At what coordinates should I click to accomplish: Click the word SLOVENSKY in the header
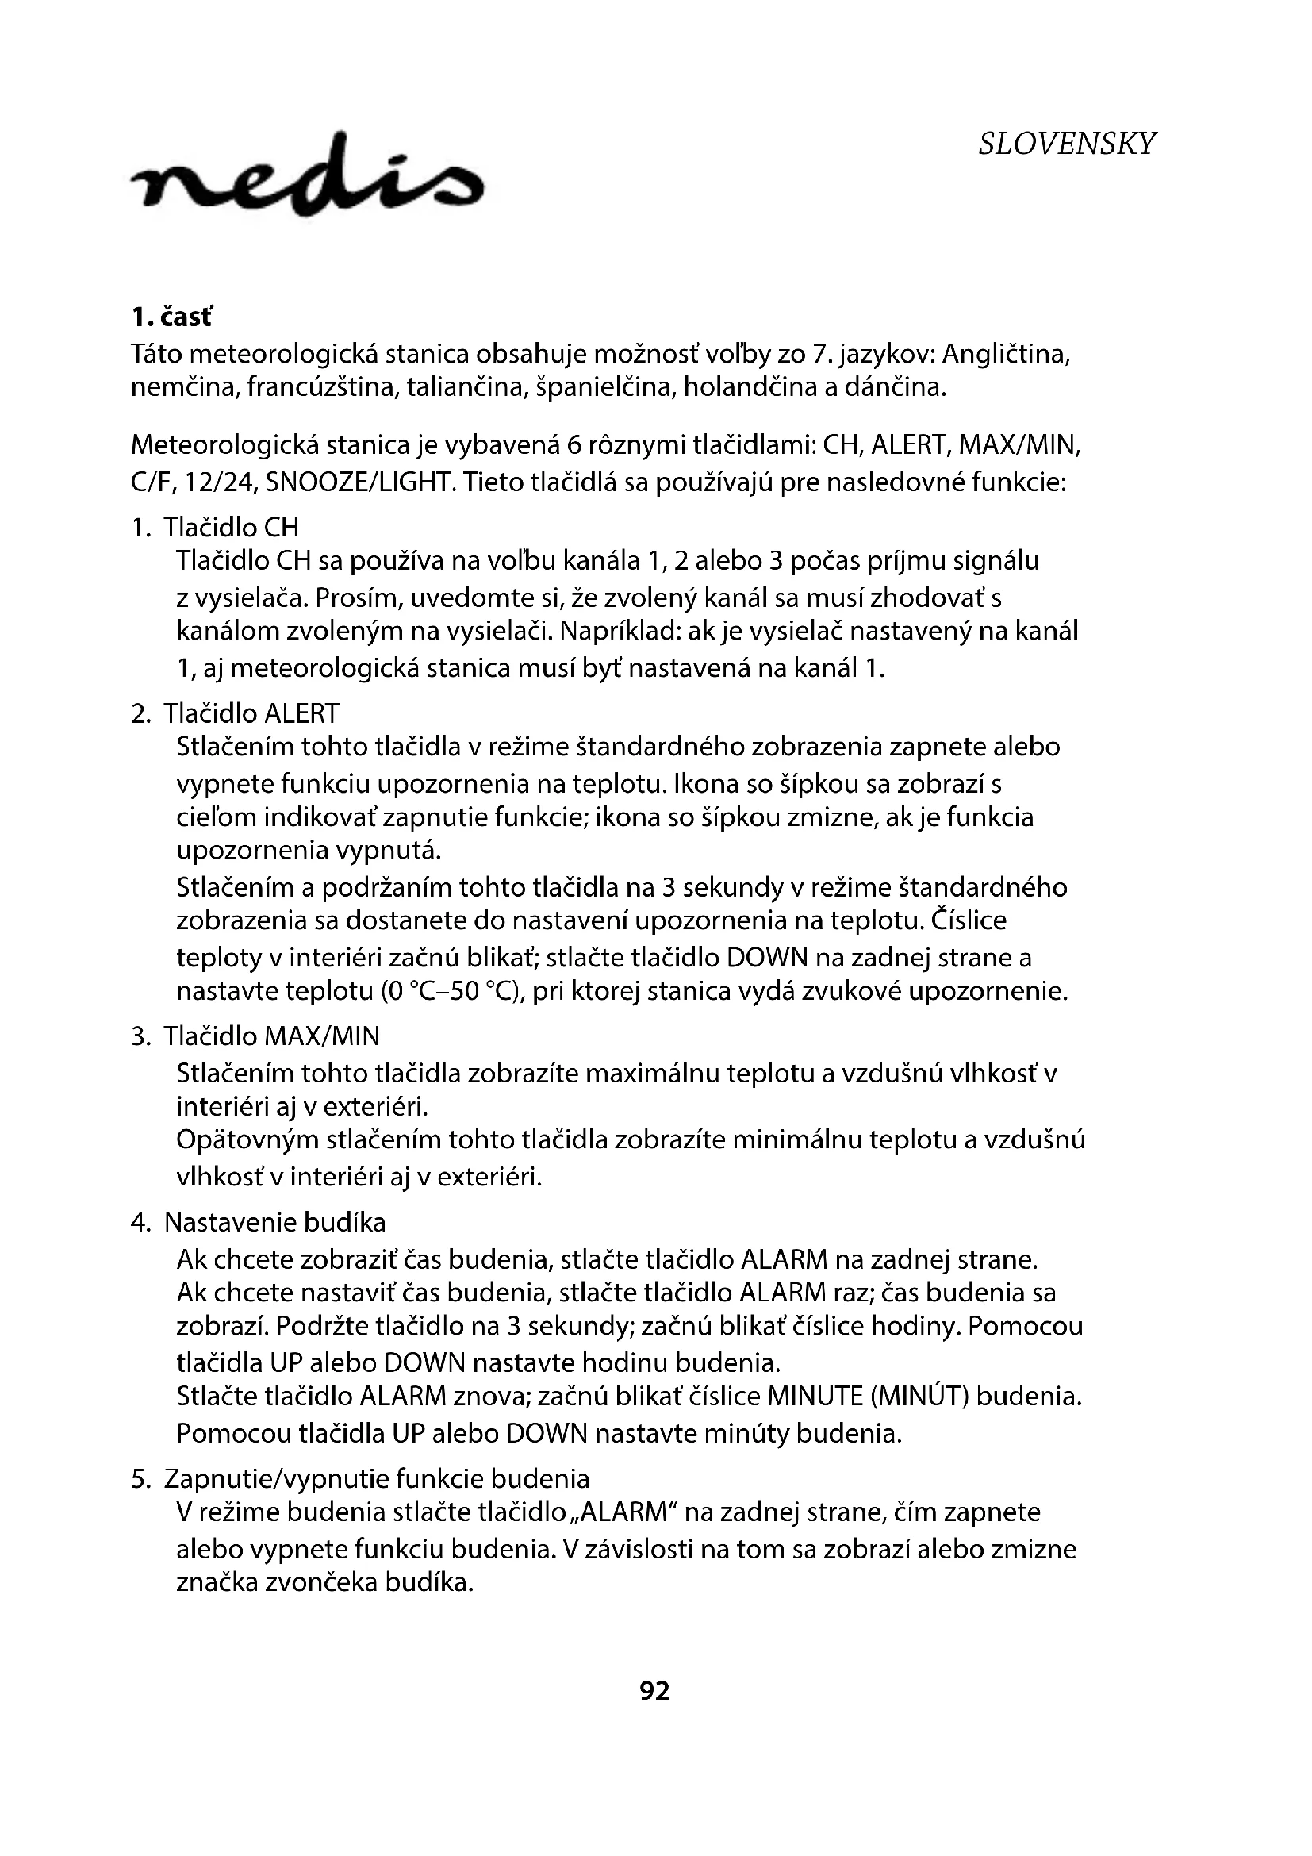click(1066, 144)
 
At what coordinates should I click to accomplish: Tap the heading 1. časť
click(172, 317)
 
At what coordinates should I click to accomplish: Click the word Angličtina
click(1007, 354)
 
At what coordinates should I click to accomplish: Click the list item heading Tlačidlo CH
click(231, 528)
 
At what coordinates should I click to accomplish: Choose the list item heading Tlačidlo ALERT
click(251, 714)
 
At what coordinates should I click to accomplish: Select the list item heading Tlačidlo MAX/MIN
click(271, 1036)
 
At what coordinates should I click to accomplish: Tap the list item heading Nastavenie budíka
click(274, 1222)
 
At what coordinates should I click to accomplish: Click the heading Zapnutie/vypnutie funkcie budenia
click(377, 1479)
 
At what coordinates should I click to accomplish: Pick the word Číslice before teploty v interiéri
click(969, 920)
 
